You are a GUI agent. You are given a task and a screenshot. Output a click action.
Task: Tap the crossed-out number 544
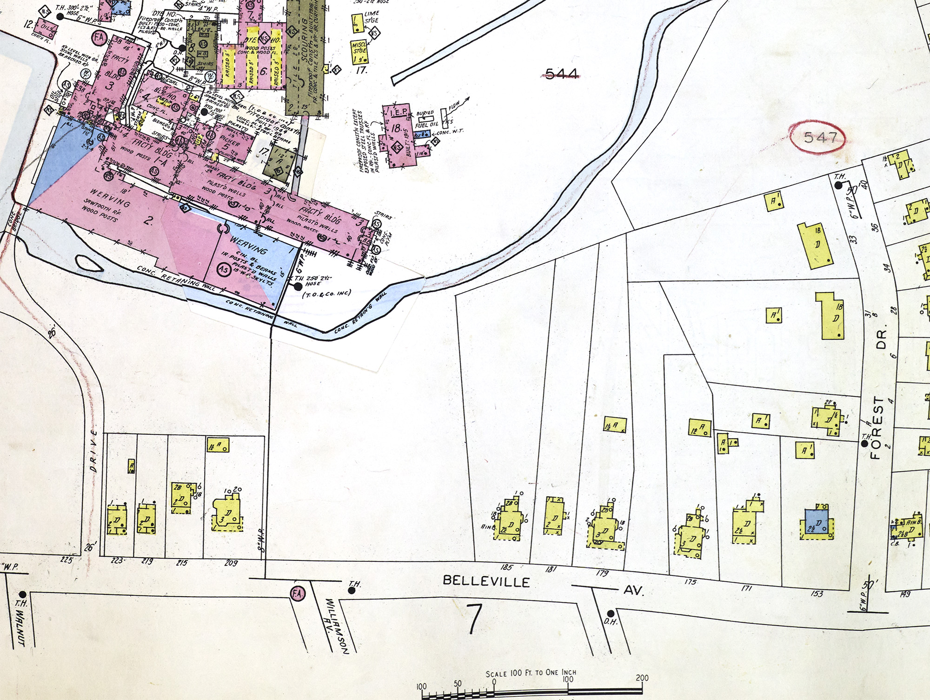tap(562, 73)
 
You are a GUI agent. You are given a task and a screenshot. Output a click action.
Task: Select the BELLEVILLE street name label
tap(486, 581)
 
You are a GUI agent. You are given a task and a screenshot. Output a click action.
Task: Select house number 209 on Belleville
tap(231, 563)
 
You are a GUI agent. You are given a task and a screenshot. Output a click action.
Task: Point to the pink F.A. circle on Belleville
tap(296, 593)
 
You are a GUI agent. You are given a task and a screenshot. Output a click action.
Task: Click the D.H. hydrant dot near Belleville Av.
tap(611, 613)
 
